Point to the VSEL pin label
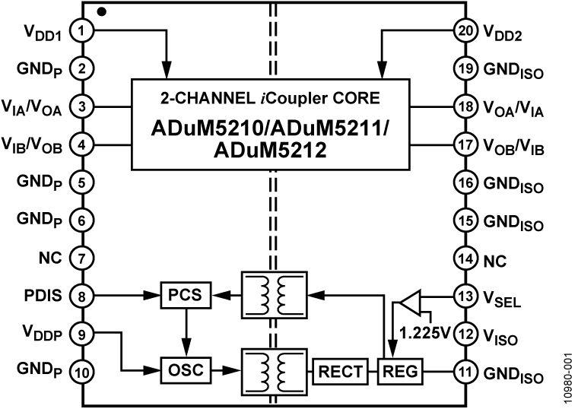pyautogui.click(x=501, y=296)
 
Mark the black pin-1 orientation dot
pyautogui.click(x=101, y=12)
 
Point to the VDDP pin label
pyautogui.click(x=38, y=334)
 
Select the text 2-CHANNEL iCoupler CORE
pyautogui.click(x=275, y=98)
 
